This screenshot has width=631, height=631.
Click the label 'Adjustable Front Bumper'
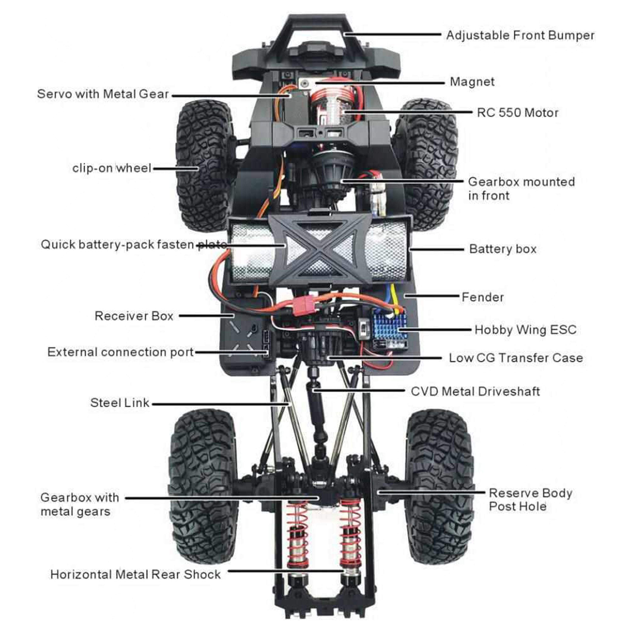tap(520, 35)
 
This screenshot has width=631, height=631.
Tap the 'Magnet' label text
tap(472, 82)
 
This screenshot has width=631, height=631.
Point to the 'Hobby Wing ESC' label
tap(525, 330)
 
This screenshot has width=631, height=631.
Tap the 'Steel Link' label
tap(120, 403)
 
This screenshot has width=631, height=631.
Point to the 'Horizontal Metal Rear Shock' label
tap(135, 575)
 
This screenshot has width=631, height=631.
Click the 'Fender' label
tap(482, 297)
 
